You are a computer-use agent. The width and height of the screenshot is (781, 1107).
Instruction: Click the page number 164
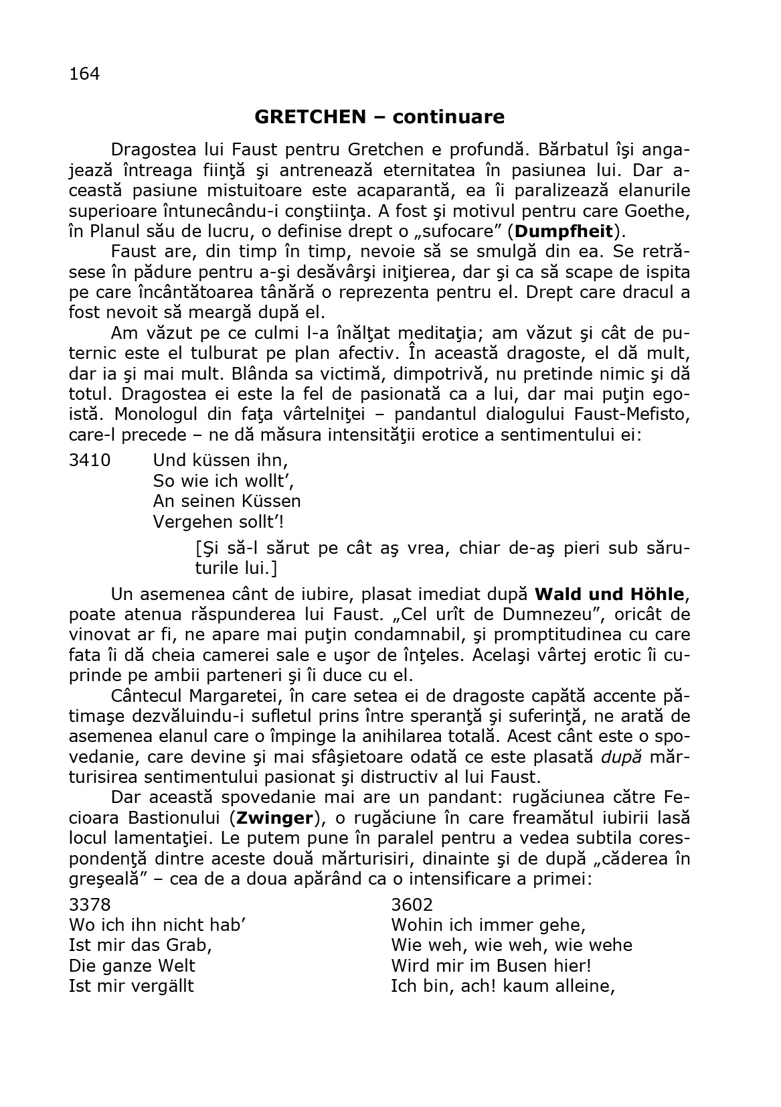click(x=84, y=74)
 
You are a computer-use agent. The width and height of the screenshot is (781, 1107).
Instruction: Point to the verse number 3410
click(x=90, y=461)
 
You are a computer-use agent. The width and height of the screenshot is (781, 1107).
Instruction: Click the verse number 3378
click(x=90, y=905)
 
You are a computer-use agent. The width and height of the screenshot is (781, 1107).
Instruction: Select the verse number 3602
click(x=412, y=905)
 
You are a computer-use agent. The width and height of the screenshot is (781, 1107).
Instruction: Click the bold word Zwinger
click(x=275, y=818)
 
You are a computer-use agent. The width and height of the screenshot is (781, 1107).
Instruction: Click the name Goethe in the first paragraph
click(x=659, y=212)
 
